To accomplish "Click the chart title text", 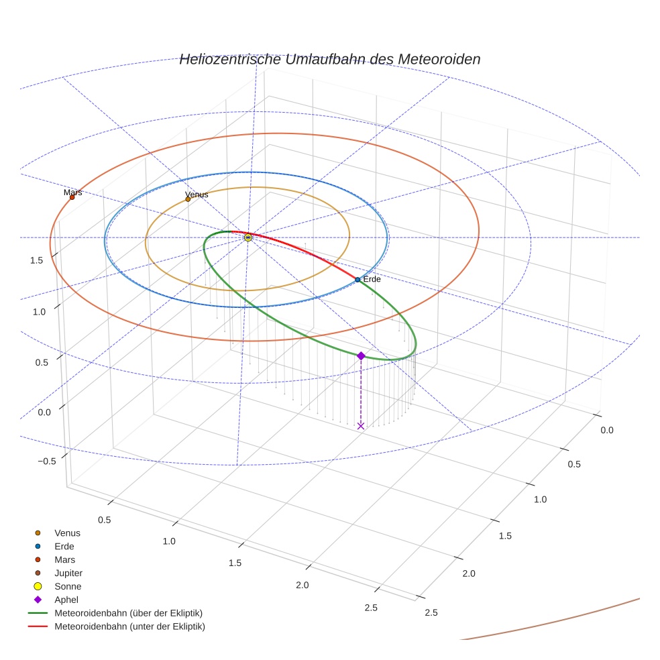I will pos(329,59).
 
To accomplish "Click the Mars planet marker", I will pos(72,197).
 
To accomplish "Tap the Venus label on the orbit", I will pos(197,195).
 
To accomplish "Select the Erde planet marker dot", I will pos(357,280).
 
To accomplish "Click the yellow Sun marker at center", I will pos(248,237).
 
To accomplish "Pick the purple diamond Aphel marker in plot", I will pos(361,355).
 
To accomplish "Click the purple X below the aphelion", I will pos(361,426).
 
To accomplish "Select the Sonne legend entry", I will pos(67,586).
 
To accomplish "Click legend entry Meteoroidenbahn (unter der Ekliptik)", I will pos(129,626).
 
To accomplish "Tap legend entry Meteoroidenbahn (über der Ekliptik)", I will pos(128,613).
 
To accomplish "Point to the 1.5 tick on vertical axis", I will pos(38,260).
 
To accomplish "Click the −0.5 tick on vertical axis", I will pos(46,461).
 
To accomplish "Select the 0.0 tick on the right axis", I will pos(606,431).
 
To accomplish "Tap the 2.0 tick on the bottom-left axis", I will pos(302,585).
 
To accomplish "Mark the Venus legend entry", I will pos(67,533).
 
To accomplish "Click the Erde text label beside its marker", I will pos(372,279).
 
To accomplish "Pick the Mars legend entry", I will pos(64,559).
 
